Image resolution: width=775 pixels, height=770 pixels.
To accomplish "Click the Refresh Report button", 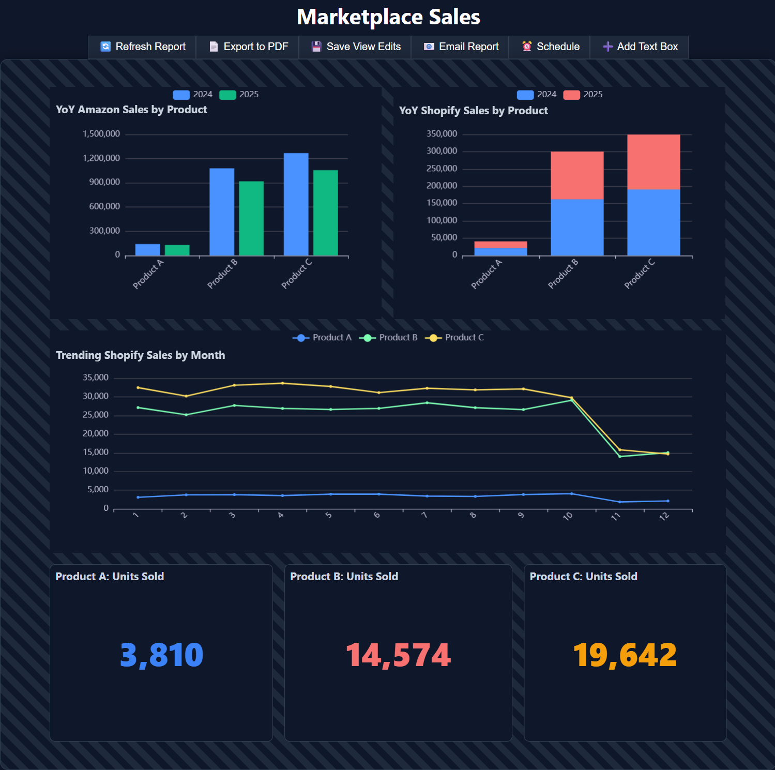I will click(x=142, y=47).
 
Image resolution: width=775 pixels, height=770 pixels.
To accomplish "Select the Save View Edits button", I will click(x=356, y=47).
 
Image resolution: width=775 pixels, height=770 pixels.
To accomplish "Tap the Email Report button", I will click(x=461, y=47).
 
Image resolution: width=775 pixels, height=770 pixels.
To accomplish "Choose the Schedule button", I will click(x=550, y=47).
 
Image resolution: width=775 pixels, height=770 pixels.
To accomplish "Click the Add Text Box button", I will click(x=640, y=47).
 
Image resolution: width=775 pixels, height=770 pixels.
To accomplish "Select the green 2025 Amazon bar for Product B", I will click(x=251, y=218).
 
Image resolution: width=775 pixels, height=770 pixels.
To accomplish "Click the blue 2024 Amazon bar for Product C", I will click(x=296, y=204).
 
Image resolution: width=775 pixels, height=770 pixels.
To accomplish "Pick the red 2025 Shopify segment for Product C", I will click(x=654, y=162).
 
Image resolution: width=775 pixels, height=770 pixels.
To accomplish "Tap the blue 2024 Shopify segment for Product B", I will click(x=577, y=227).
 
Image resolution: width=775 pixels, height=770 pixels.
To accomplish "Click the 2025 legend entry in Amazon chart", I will click(x=239, y=95).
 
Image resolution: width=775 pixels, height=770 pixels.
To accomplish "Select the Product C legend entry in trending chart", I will click(x=454, y=338).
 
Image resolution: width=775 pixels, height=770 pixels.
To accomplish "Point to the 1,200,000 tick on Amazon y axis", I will click(x=101, y=158).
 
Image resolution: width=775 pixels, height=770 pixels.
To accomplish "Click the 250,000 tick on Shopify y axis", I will click(x=442, y=169).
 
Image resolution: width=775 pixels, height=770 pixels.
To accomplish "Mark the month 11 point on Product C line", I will click(x=620, y=450).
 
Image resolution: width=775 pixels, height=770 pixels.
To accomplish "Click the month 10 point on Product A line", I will click(x=571, y=494).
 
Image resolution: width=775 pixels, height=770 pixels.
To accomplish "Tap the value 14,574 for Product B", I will click(x=398, y=655).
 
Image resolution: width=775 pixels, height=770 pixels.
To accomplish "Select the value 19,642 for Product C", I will click(x=625, y=655).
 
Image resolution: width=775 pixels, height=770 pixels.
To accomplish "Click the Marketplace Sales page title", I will click(x=388, y=17).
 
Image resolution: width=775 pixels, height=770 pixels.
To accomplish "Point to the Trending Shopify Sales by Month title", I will click(x=140, y=355).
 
